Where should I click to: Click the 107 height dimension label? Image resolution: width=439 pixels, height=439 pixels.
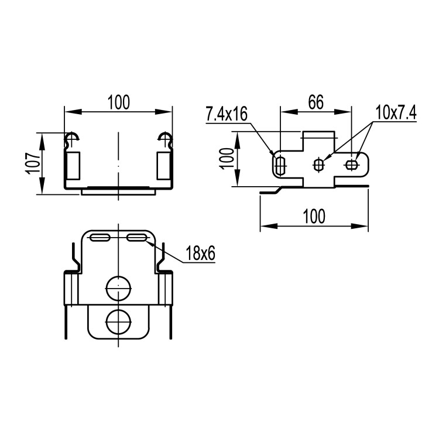(33, 164)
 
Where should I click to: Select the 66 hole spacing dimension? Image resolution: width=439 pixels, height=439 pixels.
(316, 102)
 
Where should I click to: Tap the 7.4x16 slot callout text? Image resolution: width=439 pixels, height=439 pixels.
(227, 114)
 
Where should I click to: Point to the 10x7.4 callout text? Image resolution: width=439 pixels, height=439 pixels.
(396, 112)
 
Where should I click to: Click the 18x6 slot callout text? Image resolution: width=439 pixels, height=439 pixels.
(200, 253)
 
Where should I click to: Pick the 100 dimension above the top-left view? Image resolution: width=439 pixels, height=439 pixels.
(119, 102)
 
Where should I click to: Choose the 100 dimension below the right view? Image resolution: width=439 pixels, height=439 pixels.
(314, 216)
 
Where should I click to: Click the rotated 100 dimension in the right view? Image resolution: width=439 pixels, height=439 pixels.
(227, 159)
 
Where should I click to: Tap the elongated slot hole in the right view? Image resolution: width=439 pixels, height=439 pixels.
(280, 166)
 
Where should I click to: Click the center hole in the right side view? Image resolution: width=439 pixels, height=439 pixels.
(318, 165)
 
